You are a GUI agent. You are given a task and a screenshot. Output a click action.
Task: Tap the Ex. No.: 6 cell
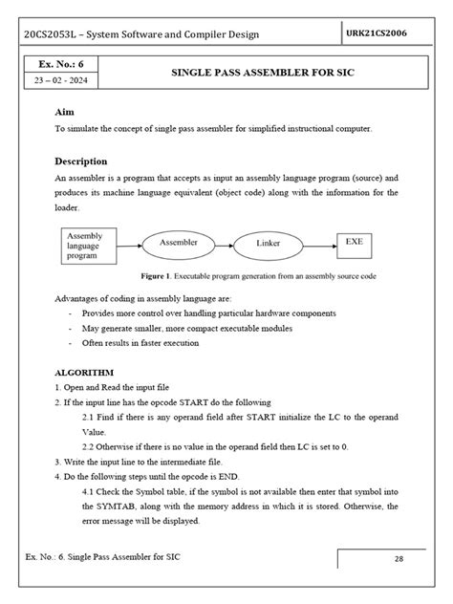[59, 65]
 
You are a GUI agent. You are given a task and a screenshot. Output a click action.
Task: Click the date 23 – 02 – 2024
[59, 83]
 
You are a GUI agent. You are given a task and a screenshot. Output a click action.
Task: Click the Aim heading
[65, 112]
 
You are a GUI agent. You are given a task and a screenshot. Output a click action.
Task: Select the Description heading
[80, 162]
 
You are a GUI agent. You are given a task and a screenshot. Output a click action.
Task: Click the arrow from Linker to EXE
[324, 246]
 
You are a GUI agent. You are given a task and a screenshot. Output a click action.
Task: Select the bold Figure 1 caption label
[158, 275]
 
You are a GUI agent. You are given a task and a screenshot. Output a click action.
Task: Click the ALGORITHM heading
[84, 372]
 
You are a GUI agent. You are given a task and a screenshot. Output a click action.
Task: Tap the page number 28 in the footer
[399, 561]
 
